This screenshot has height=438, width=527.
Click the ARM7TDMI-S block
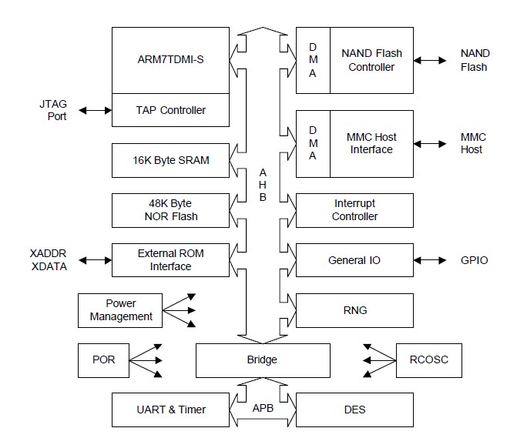click(170, 60)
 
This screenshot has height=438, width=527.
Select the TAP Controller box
click(170, 110)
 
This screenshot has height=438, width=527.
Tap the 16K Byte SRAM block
click(170, 160)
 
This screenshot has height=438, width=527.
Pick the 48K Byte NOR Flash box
click(170, 209)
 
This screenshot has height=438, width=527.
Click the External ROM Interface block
click(170, 259)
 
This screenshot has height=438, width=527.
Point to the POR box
click(103, 359)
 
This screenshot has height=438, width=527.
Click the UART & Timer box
click(170, 410)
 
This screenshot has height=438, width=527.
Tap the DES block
click(354, 410)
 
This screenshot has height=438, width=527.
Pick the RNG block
click(354, 309)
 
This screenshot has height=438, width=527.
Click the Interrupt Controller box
click(354, 209)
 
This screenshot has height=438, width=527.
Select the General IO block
click(354, 259)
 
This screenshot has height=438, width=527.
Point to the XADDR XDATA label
click(48, 259)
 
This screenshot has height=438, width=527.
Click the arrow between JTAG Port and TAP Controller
click(95, 110)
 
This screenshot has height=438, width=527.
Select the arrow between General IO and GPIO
click(429, 260)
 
